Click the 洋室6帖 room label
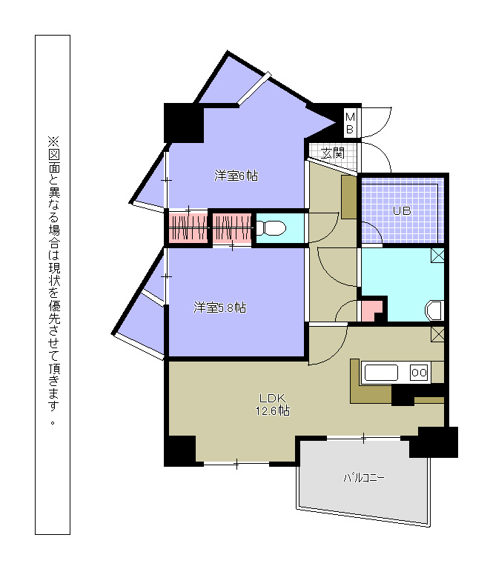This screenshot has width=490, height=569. (x=236, y=176)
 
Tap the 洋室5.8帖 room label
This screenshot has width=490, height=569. (x=219, y=307)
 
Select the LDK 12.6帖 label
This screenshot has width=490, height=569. (x=273, y=405)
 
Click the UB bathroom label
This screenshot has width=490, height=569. (x=402, y=210)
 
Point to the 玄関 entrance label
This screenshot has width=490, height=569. (x=333, y=153)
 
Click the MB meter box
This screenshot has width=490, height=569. (x=350, y=124)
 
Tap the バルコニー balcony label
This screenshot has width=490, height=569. (x=364, y=478)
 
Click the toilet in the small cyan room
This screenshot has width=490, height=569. (x=271, y=228)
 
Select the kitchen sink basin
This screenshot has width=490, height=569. (x=381, y=373)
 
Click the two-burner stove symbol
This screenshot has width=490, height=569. (x=419, y=373)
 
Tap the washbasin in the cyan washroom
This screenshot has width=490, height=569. (x=435, y=310)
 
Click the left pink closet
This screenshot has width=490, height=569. (x=188, y=228)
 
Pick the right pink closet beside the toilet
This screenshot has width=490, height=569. (x=232, y=228)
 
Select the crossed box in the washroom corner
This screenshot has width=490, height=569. (x=437, y=255)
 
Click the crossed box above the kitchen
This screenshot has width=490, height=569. (x=437, y=334)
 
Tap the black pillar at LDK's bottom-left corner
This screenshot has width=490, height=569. (x=180, y=450)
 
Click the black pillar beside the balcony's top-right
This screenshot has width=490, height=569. (x=434, y=442)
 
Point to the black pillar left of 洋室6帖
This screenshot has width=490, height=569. (x=184, y=123)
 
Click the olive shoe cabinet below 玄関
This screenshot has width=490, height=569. (x=349, y=197)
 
